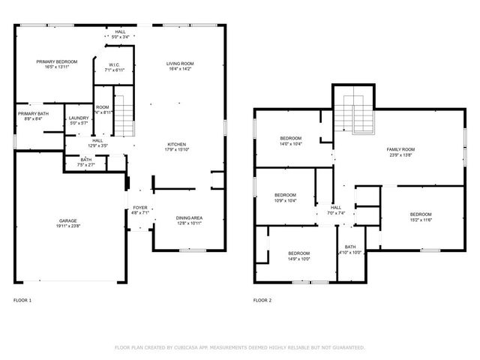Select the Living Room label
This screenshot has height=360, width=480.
click(180, 66)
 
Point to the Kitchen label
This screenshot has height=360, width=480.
click(177, 147)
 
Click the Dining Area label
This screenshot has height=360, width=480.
click(188, 220)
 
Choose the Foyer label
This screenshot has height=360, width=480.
click(140, 210)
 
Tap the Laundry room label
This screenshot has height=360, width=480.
click(79, 120)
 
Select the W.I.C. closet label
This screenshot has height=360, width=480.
click(114, 67)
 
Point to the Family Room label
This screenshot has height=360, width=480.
click(400, 152)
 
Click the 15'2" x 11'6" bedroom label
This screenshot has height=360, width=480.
click(420, 217)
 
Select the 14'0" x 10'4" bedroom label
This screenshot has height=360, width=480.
click(291, 141)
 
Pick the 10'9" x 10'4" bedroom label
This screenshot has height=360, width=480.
click(285, 198)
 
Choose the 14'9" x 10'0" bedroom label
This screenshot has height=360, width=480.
click(298, 256)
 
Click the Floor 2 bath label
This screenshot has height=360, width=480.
click(350, 250)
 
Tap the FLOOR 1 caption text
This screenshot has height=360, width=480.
click(22, 300)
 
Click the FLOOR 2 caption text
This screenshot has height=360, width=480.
click(262, 300)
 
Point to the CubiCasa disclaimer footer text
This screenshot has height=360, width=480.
click(239, 347)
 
